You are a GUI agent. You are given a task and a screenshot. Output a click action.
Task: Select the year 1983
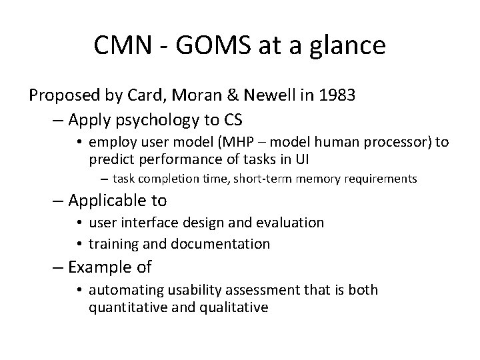[332, 95]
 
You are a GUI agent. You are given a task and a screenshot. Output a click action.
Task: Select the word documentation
[221, 243]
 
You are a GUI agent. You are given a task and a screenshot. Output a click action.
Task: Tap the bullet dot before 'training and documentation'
[79, 244]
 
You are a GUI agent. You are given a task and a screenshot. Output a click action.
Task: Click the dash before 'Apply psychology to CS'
[57, 120]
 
